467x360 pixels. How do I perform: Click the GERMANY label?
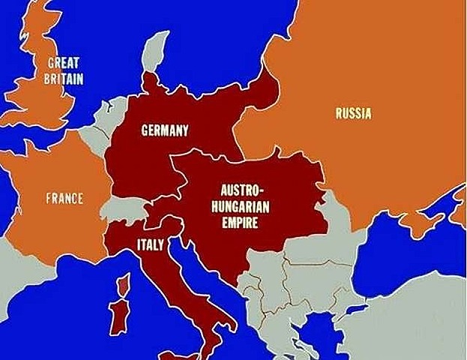pos(165,130)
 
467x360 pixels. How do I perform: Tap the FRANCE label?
pos(64,199)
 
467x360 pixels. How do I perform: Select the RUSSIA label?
pos(353,114)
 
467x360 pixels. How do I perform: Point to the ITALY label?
pos(151,244)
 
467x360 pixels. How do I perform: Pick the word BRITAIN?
pos(64,78)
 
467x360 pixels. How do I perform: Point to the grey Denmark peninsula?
pos(157,49)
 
